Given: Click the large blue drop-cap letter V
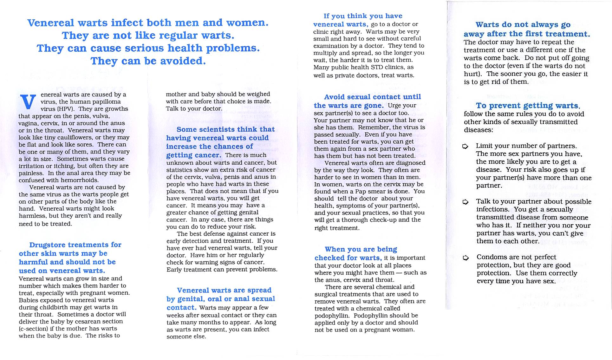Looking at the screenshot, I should pos(28,101).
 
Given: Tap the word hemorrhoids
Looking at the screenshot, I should pos(81,180).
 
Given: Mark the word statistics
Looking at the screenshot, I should pos(180,170).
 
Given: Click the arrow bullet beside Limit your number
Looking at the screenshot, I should pos(465,146).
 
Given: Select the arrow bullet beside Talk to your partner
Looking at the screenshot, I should pos(465,202).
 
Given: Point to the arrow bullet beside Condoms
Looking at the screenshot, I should pos(466,258).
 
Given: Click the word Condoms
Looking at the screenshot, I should pos(491,257).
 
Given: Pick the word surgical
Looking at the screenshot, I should pos(327,294).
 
